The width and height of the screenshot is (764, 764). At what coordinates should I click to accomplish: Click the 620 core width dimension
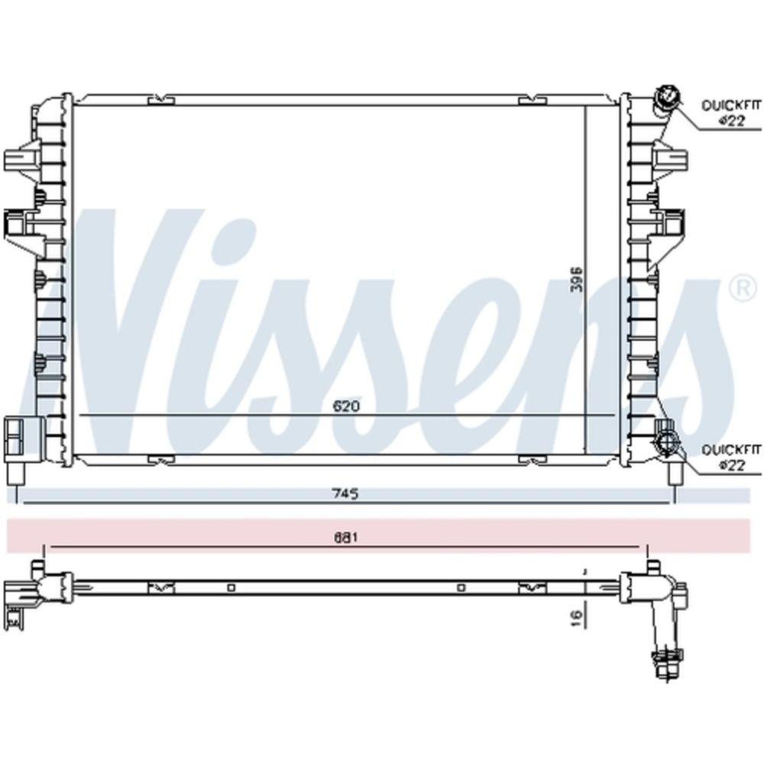tap(346, 406)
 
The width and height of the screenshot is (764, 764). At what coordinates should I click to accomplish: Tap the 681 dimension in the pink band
tap(346, 538)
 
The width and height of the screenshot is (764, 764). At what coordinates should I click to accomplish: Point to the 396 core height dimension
tap(576, 279)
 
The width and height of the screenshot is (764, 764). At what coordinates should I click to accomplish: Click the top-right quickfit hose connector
tap(666, 100)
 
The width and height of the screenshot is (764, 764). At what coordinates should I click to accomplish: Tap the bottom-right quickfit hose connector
tap(665, 442)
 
